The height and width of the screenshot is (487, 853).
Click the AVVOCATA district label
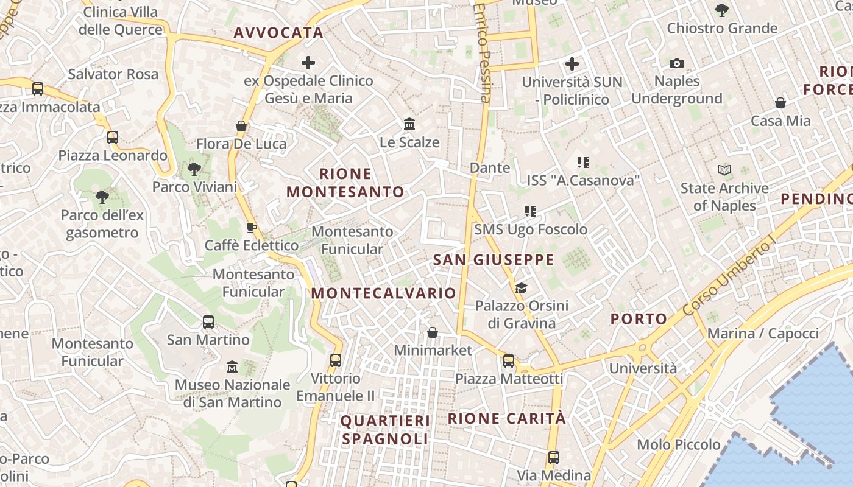pos(278,33)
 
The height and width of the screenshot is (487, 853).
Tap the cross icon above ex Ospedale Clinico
pos(308,63)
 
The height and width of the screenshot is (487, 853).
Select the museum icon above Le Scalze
pos(409,124)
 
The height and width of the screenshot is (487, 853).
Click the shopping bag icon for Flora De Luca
pos(241,127)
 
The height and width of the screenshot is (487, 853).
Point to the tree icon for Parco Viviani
pos(194,169)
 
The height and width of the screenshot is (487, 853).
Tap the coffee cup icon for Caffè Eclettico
pos(251,228)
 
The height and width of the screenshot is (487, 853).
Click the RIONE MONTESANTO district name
pos(345,183)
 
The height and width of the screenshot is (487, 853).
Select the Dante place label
pos(490,167)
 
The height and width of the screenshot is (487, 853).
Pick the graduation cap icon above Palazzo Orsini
pos(521,288)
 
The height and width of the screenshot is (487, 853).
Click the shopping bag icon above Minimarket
pos(433,332)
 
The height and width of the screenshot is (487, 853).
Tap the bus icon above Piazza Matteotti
pos(509,361)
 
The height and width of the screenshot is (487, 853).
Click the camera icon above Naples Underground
pos(677,64)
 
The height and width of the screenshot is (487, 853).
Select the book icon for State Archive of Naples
pos(724,170)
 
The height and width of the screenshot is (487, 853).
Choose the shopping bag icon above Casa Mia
pos(780,103)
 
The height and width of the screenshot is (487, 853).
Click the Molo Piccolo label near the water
pos(679,444)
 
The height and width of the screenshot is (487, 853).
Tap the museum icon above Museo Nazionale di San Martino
pos(232,367)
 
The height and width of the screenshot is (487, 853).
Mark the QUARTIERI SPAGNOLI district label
pos(385,430)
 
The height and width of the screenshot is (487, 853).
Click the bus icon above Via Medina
pos(554,457)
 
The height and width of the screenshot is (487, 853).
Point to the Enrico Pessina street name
pos(482,52)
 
